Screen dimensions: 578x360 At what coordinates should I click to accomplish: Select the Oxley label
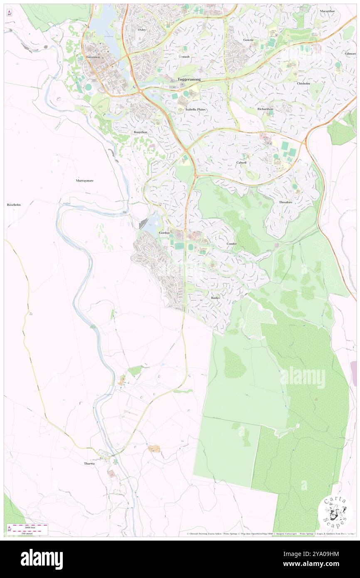point(142,30)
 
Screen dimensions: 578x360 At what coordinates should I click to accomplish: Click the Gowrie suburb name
point(248,40)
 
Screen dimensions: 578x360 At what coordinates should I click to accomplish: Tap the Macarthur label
point(328,11)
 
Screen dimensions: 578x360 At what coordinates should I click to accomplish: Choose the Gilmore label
point(350,54)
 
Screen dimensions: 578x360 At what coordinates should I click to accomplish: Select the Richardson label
point(265,109)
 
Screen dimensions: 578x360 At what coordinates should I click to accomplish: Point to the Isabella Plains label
point(195,109)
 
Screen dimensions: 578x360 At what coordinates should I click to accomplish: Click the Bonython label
point(141,132)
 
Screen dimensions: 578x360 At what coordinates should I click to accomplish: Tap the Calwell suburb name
point(242,163)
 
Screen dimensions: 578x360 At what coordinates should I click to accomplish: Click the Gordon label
point(164,233)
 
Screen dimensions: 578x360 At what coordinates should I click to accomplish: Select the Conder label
point(232,244)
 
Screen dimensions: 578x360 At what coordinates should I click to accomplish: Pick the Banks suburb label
point(215,298)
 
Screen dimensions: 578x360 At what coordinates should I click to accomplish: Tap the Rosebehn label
point(14,205)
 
